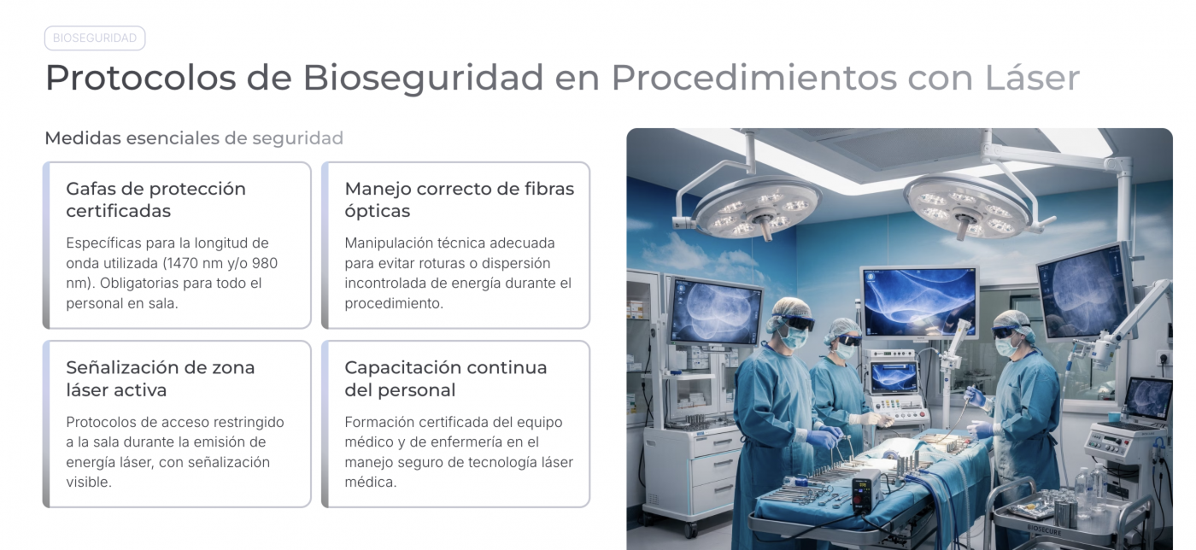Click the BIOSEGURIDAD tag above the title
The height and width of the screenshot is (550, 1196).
pyautogui.click(x=95, y=38)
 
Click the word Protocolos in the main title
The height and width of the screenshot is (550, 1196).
pyautogui.click(x=140, y=78)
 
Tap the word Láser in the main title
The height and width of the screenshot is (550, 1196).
pyautogui.click(x=1032, y=78)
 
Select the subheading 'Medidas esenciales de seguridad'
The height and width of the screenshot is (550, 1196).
pyautogui.click(x=194, y=137)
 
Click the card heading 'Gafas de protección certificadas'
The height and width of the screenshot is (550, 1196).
pyautogui.click(x=155, y=200)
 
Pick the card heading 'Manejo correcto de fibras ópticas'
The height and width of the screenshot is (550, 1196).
pyautogui.click(x=459, y=200)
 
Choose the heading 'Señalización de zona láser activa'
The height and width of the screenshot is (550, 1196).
pyautogui.click(x=160, y=378)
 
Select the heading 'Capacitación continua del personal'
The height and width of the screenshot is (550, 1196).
pyautogui.click(x=445, y=378)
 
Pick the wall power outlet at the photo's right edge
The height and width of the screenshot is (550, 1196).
pyautogui.click(x=1164, y=358)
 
